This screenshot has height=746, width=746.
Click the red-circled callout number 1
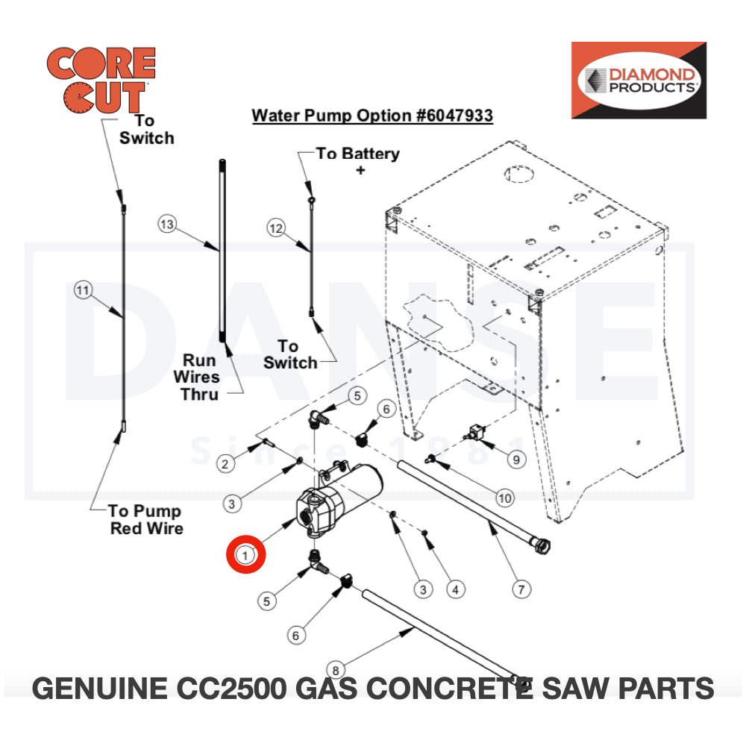(245, 554)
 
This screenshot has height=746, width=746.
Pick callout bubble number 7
(522, 589)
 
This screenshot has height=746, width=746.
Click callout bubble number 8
(336, 668)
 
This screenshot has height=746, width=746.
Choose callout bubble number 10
(505, 498)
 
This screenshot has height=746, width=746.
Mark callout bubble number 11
(83, 289)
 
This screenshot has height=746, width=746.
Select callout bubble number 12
(276, 228)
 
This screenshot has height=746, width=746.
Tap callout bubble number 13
(167, 224)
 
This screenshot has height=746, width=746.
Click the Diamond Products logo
(639, 80)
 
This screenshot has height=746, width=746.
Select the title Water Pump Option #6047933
(372, 116)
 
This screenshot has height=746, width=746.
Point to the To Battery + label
(359, 160)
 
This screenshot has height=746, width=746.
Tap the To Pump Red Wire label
(145, 519)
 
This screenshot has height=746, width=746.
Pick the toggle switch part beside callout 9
(475, 431)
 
